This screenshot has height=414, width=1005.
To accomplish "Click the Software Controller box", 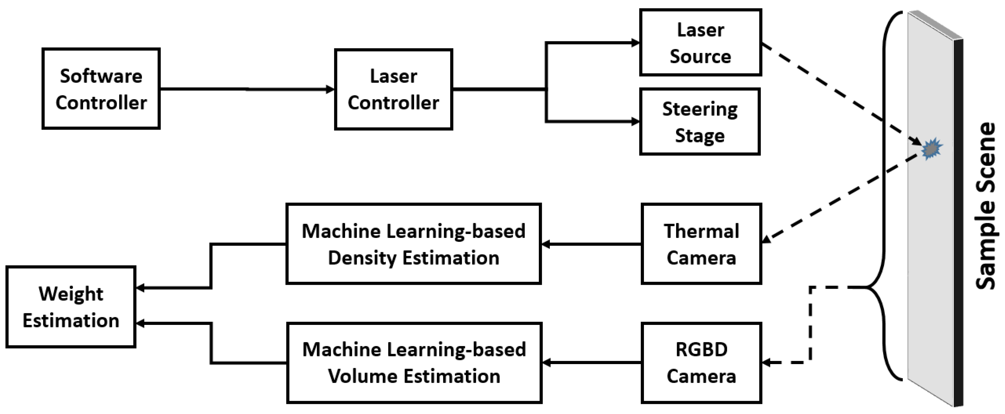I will [101, 89].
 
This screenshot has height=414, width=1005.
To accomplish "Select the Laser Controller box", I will [393, 89].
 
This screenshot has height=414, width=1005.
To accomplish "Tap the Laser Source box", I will [700, 43].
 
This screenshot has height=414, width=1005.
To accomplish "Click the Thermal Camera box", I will [701, 244].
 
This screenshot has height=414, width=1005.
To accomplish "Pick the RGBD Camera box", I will [701, 363].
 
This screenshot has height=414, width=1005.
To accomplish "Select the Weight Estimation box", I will [70, 307].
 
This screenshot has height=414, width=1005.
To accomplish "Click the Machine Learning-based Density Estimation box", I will [413, 244].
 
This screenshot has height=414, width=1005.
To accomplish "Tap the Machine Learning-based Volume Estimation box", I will [414, 363].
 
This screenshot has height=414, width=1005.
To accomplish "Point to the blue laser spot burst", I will [932, 149].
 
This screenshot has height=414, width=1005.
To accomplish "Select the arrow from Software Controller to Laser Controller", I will [247, 89].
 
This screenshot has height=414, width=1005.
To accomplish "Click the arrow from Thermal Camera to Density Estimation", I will [591, 244].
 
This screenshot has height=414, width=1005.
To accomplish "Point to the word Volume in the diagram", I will [363, 377].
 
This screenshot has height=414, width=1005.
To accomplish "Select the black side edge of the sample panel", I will [958, 222].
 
